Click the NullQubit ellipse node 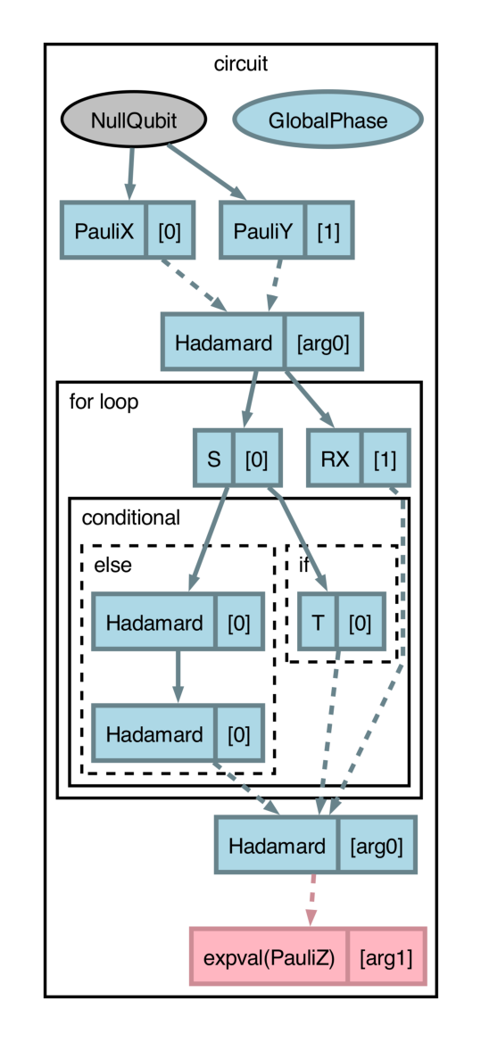[x=134, y=119]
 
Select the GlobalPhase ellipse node [x=328, y=119]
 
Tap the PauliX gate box [x=104, y=231]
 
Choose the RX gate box [x=336, y=459]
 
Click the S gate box [x=214, y=459]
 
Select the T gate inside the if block [x=318, y=622]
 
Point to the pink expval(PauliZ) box [x=269, y=958]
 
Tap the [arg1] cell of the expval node [x=386, y=958]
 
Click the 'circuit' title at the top [x=241, y=64]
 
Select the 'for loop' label [x=104, y=402]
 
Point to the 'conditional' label [x=130, y=517]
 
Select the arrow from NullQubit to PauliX [x=130, y=174]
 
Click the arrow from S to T [x=299, y=540]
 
